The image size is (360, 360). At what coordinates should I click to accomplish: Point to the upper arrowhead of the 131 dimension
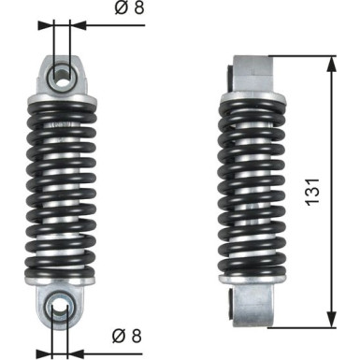click(332, 63)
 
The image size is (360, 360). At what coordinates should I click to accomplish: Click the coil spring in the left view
click(64, 187)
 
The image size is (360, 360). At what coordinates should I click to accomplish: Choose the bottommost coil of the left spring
click(64, 272)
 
